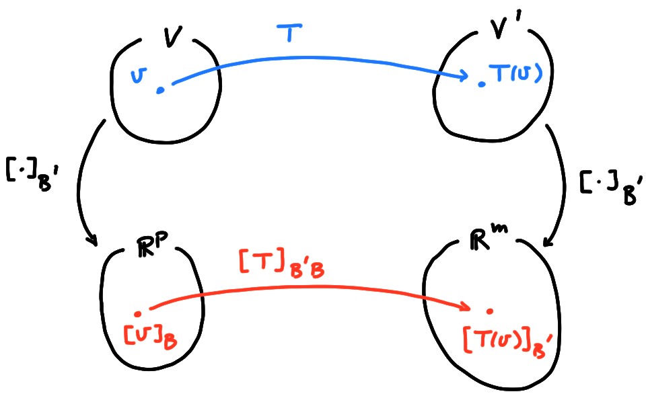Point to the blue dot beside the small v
tap(159, 89)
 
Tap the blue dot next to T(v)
tap(481, 85)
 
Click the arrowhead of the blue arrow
tap(464, 77)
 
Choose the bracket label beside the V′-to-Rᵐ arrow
tap(604, 187)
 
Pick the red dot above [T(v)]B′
tap(491, 311)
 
